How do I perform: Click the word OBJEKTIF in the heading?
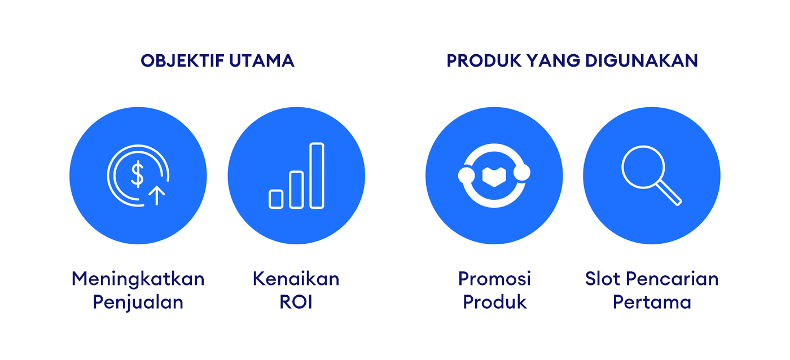182,60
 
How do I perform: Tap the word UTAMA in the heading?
262,60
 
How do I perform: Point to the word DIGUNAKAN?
642,60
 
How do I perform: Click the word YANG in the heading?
554,60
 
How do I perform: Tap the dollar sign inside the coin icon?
137,174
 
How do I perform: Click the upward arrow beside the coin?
157,195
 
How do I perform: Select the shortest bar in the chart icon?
276,199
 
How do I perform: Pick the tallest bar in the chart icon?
317,175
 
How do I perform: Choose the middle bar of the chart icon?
296,190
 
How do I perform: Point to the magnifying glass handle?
669,192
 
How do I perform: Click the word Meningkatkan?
138,279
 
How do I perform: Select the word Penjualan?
138,302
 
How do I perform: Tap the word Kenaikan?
296,279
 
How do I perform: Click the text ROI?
296,302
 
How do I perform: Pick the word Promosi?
494,279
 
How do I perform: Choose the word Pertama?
652,302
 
